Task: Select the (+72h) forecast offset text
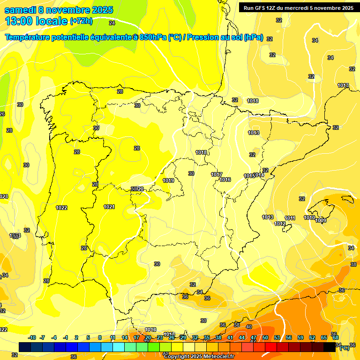click(x=82, y=21)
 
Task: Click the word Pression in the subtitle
click(x=202, y=37)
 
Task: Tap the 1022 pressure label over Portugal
click(x=61, y=208)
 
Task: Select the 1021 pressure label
click(x=109, y=207)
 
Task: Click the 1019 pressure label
click(x=168, y=180)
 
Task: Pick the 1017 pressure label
click(x=216, y=174)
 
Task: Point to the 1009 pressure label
click(x=321, y=220)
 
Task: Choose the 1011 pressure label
click(x=290, y=218)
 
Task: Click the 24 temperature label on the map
click(x=112, y=22)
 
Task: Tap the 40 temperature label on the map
click(x=248, y=327)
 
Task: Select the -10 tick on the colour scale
click(x=32, y=337)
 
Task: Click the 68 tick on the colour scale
click(x=335, y=337)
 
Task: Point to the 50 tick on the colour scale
click(x=265, y=337)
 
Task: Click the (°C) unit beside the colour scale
click(x=344, y=347)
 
